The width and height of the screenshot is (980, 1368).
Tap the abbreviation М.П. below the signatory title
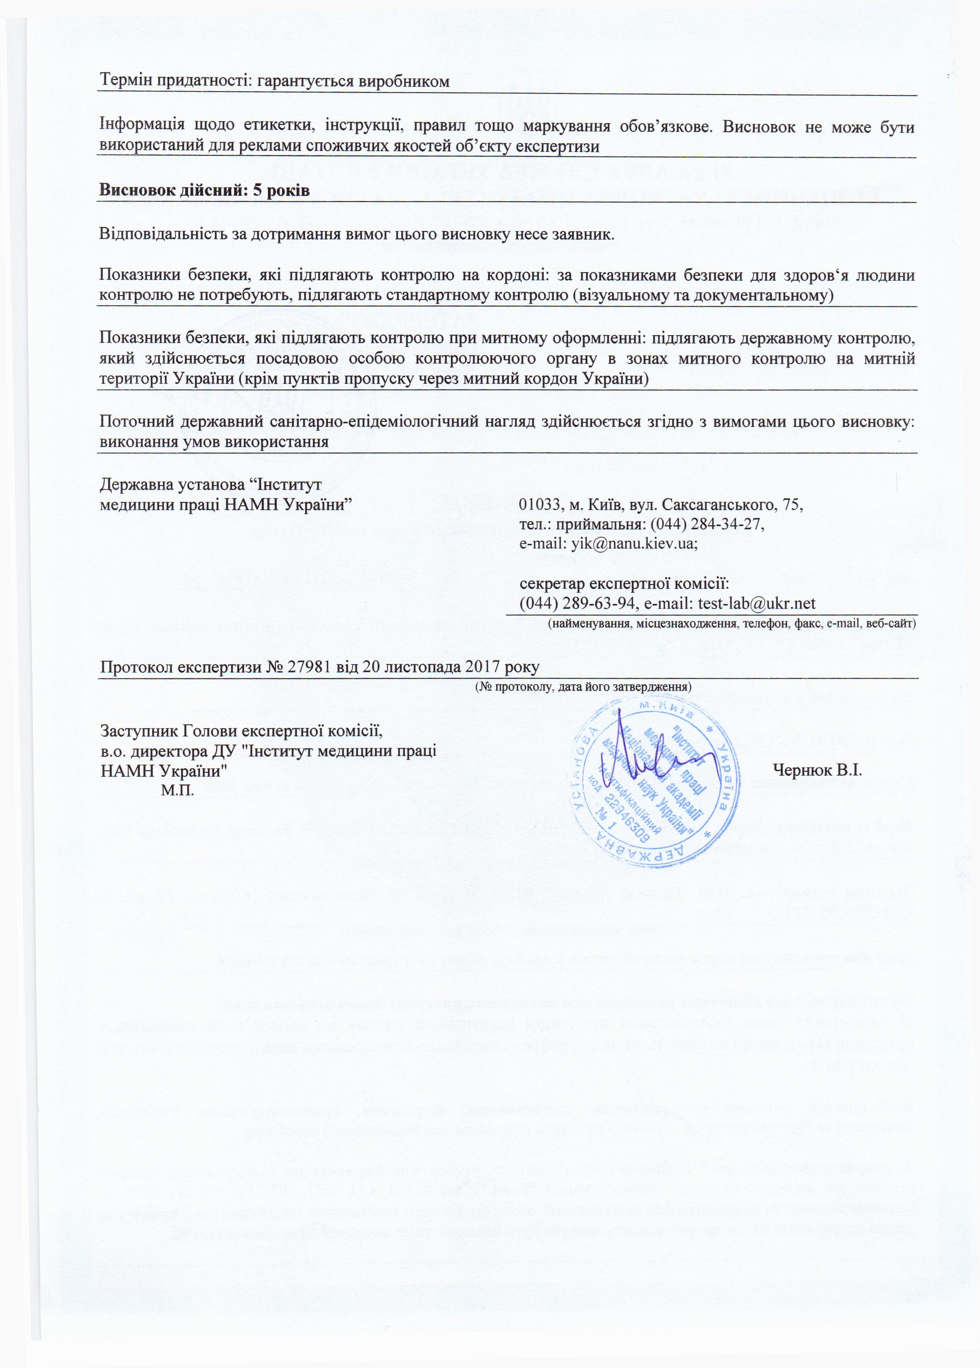pos(177,791)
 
